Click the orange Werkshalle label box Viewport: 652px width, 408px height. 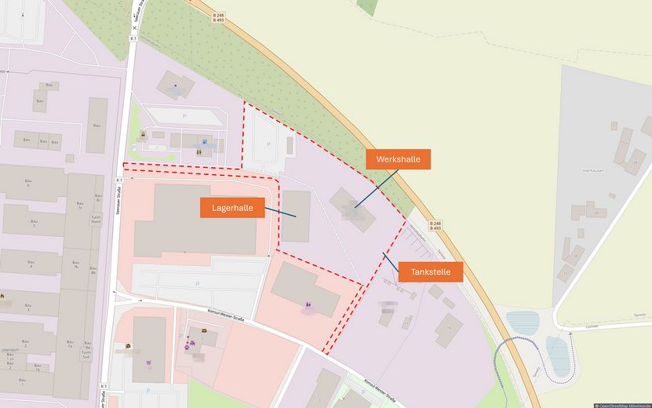[398, 159]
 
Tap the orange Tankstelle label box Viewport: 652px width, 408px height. [430, 272]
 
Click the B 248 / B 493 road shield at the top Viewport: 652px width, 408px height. [219, 17]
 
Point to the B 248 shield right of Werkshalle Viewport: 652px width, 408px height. [436, 225]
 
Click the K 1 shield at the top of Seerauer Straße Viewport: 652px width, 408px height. [133, 38]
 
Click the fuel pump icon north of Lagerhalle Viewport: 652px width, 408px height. [205, 144]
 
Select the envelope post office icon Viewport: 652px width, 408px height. [205, 331]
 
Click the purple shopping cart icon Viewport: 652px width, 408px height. [149, 363]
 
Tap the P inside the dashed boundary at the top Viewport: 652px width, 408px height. [268, 144]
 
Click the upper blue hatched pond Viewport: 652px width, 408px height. [522, 322]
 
